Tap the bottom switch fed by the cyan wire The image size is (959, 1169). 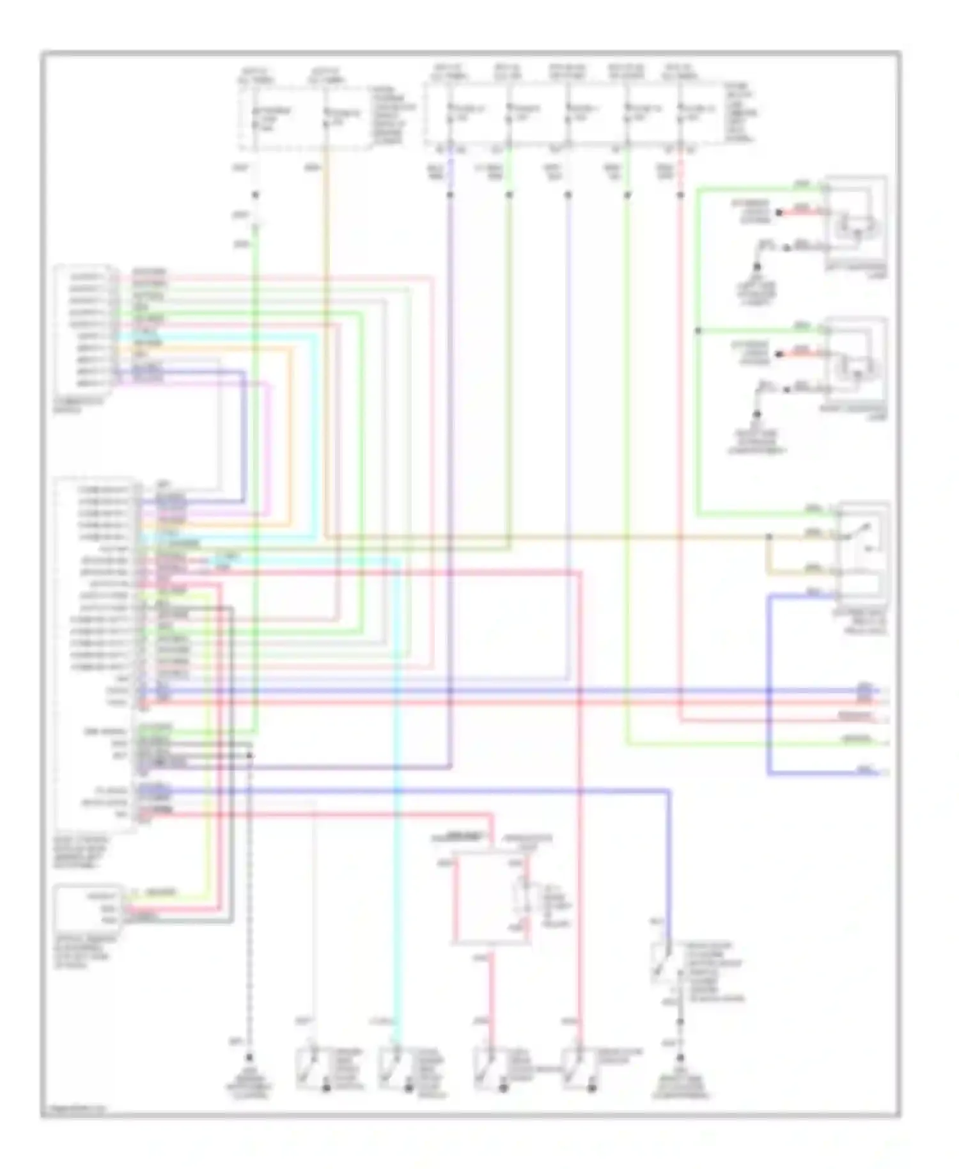pos(391,1069)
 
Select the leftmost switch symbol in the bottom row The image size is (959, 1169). pos(310,1069)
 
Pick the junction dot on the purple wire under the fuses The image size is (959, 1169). pos(450,194)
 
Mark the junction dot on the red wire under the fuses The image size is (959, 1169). pos(680,194)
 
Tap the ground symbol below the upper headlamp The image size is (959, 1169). pos(757,267)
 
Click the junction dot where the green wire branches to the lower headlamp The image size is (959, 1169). pos(698,331)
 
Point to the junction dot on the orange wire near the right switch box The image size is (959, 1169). pos(769,537)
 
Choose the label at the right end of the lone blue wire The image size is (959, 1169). pos(867,770)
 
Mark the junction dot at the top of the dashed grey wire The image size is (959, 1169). pos(249,756)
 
